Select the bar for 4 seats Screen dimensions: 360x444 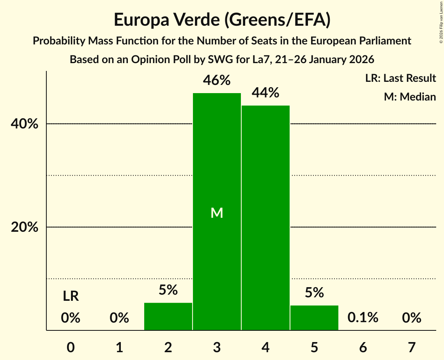[265, 218]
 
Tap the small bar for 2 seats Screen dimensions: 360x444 [168, 316]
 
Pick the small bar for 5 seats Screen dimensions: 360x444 [314, 318]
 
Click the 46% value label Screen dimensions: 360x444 [217, 81]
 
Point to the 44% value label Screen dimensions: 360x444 [265, 93]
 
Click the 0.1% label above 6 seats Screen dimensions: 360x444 [363, 318]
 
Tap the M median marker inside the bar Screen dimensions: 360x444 [217, 213]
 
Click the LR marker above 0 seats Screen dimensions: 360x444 [71, 296]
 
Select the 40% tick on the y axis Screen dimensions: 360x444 [25, 124]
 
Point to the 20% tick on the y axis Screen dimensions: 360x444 [25, 228]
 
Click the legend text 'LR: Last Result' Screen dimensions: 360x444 [400, 78]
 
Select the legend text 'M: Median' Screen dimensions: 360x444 [410, 97]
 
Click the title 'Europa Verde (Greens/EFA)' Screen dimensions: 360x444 [222, 20]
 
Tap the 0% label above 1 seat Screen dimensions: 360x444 [119, 318]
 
